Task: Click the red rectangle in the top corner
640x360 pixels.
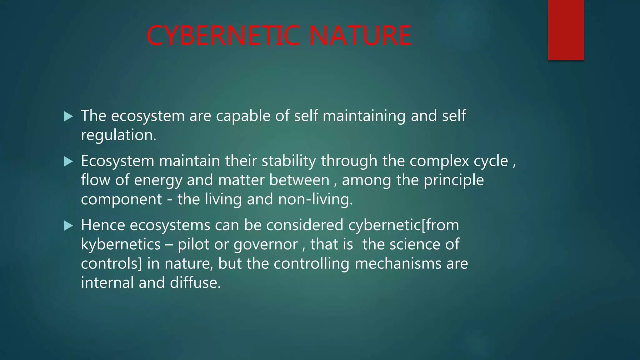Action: click(566, 30)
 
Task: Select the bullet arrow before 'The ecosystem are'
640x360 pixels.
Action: click(68, 117)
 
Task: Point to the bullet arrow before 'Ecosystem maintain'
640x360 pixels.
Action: click(68, 162)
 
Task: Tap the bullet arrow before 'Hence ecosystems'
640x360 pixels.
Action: click(68, 226)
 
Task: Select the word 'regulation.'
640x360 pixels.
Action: click(118, 136)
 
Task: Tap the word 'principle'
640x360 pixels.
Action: click(453, 181)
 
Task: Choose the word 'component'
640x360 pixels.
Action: click(121, 200)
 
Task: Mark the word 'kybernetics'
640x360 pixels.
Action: click(121, 244)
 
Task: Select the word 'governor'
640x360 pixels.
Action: click(266, 244)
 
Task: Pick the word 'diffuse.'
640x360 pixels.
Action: click(195, 283)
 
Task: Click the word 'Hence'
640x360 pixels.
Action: click(103, 225)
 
